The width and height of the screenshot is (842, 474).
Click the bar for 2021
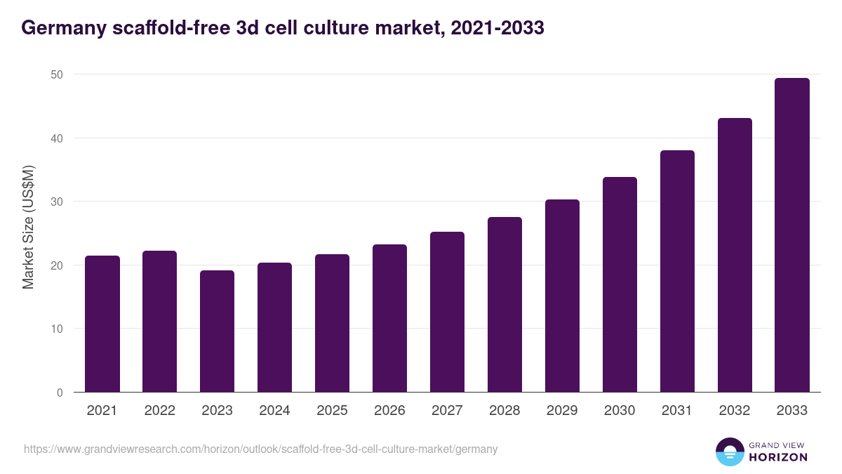(102, 324)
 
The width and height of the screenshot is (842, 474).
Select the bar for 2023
(218, 331)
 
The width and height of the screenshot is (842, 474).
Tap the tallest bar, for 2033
(792, 235)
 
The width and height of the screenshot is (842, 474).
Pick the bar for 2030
(620, 284)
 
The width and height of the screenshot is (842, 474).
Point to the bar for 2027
(447, 312)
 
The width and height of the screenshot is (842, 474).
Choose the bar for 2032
(735, 255)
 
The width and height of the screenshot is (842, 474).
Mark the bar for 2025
(332, 323)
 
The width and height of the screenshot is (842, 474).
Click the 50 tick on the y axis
(57, 74)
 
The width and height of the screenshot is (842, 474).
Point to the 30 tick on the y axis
(57, 202)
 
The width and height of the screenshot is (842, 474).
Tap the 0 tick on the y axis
(60, 393)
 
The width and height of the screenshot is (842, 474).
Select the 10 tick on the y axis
(57, 329)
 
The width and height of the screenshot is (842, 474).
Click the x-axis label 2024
(274, 411)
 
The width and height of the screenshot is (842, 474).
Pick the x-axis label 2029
(562, 411)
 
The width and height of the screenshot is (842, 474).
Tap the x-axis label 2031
(677, 411)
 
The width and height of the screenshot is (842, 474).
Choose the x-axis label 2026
(389, 411)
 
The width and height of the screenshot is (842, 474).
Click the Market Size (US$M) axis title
(28, 227)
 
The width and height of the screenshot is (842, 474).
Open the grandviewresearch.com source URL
(260, 449)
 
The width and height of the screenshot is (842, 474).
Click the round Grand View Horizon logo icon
(730, 452)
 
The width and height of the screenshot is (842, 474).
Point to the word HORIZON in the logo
(778, 457)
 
